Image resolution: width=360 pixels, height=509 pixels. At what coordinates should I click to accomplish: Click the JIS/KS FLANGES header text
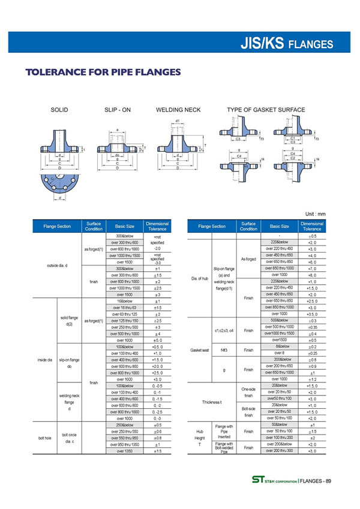(286, 43)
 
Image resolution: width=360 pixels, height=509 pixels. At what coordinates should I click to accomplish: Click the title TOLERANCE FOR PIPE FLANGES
(103, 73)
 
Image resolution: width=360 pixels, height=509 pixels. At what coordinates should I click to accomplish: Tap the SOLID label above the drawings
(59, 110)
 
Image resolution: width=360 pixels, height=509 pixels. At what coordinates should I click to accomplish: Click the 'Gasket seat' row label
(199, 349)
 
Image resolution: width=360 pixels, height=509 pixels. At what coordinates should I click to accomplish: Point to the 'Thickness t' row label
(212, 402)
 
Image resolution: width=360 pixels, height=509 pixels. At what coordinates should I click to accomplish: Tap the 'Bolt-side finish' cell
(248, 414)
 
